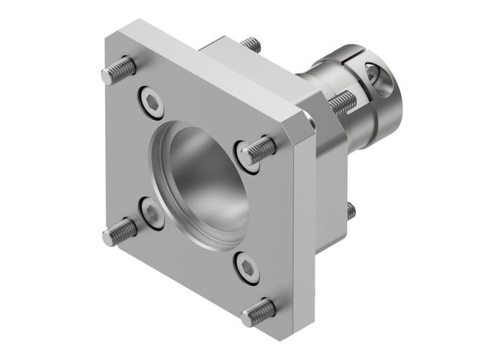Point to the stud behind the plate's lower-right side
350,210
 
